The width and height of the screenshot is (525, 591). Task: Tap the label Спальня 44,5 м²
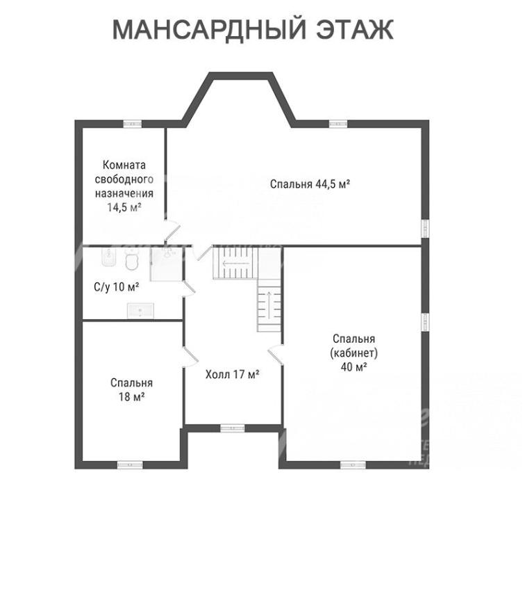[309, 184]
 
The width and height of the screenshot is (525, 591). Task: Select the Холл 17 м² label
[232, 375]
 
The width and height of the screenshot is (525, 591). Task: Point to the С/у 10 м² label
[117, 286]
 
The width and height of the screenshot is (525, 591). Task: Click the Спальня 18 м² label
[131, 389]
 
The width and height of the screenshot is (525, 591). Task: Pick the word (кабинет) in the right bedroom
[354, 353]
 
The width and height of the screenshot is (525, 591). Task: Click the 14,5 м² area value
[124, 207]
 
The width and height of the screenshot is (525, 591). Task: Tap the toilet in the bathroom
[131, 261]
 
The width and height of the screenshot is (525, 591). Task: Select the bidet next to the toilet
[108, 261]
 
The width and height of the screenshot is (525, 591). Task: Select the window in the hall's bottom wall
[232, 428]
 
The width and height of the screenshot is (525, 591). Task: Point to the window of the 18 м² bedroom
[129, 464]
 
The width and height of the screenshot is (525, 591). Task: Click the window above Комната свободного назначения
[132, 124]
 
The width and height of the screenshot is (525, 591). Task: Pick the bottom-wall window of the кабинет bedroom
[353, 464]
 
